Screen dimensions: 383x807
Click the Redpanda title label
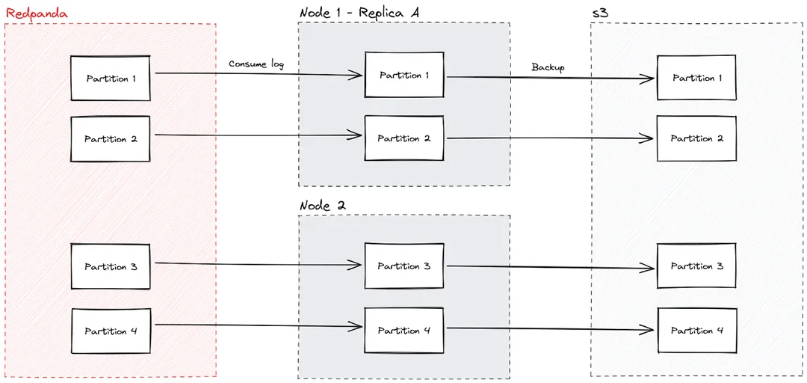coord(37,13)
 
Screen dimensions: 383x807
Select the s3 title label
coord(599,13)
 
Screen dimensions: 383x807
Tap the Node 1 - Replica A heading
coord(359,13)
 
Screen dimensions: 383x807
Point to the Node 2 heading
coord(323,206)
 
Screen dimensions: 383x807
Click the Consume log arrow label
coord(256,64)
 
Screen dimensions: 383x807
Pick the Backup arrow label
coord(548,67)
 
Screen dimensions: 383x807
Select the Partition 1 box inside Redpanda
coord(111,78)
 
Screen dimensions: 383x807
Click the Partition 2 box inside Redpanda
coord(111,138)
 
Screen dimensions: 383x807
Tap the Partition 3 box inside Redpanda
coord(111,266)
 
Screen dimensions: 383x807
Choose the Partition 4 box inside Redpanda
coord(111,331)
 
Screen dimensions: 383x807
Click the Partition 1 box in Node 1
coord(404,75)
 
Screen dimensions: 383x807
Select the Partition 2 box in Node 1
coord(404,138)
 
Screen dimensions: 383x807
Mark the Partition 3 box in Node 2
coord(404,266)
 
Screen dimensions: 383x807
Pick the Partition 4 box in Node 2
coord(404,330)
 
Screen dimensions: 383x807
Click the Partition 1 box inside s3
coord(696,78)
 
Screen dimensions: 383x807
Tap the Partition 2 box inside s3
coord(696,138)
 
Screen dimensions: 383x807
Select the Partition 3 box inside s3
coord(696,266)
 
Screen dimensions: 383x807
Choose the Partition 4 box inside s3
coord(696,330)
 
